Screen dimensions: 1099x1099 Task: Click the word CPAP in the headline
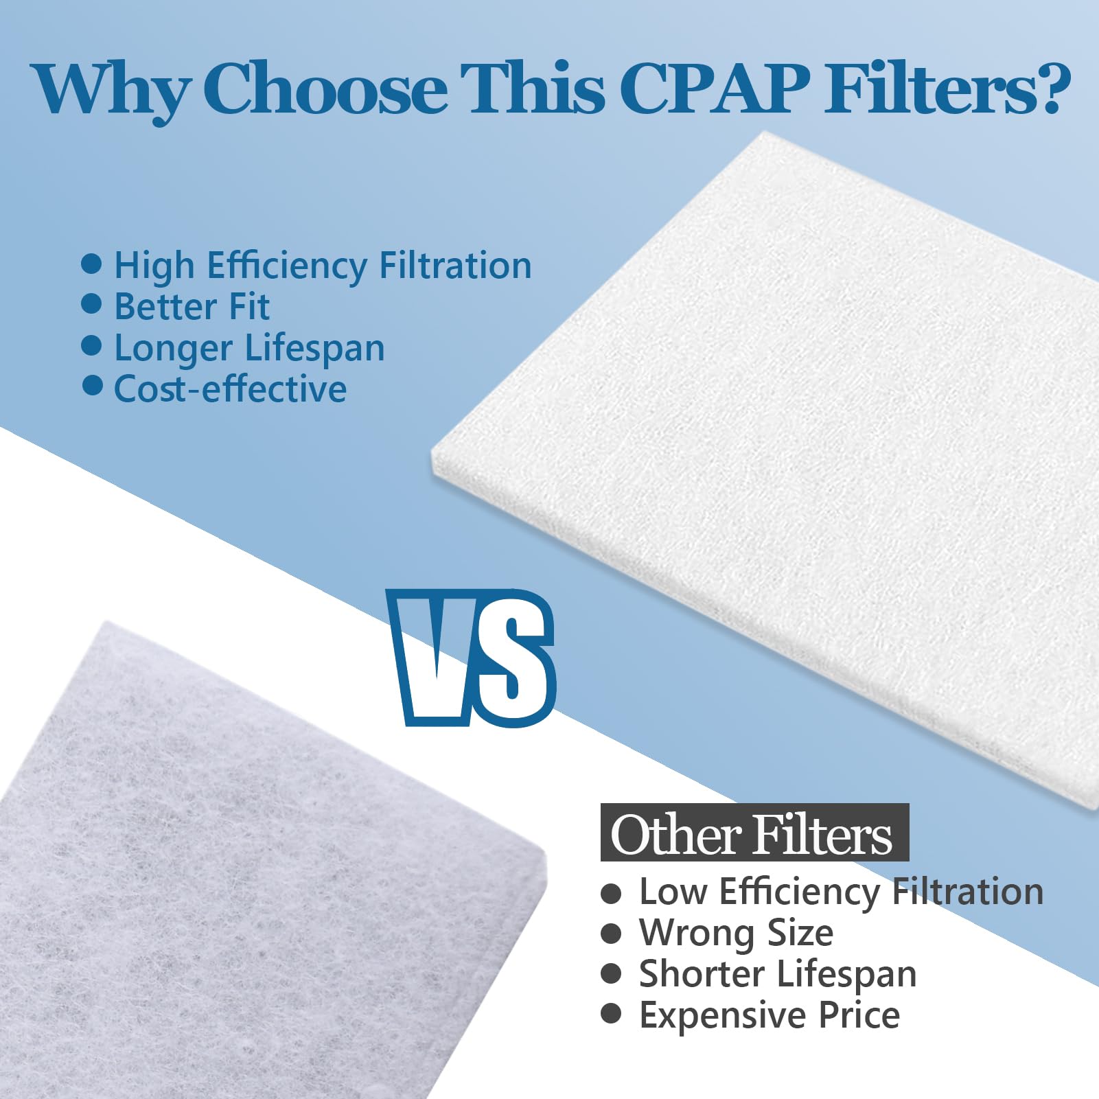tap(714, 89)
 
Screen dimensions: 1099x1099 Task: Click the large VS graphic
tap(472, 658)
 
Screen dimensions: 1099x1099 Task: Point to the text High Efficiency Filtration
tap(323, 266)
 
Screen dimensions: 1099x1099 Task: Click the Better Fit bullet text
tap(192, 307)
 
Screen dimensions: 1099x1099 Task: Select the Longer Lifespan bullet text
tap(249, 348)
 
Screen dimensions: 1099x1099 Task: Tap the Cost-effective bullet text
tap(230, 389)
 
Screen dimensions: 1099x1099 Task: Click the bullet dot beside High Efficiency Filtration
tap(91, 264)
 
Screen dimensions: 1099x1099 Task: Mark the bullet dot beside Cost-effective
tap(92, 386)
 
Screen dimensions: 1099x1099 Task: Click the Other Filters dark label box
tap(754, 833)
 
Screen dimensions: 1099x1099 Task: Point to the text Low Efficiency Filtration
tap(841, 892)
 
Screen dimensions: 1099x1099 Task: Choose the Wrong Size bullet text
tap(736, 933)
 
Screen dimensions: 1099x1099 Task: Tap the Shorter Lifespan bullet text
tap(778, 974)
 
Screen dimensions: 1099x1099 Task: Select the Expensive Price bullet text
tap(769, 1015)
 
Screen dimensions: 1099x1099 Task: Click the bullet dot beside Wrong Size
tap(610, 934)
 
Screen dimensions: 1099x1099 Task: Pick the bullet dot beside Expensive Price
tap(610, 1014)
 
